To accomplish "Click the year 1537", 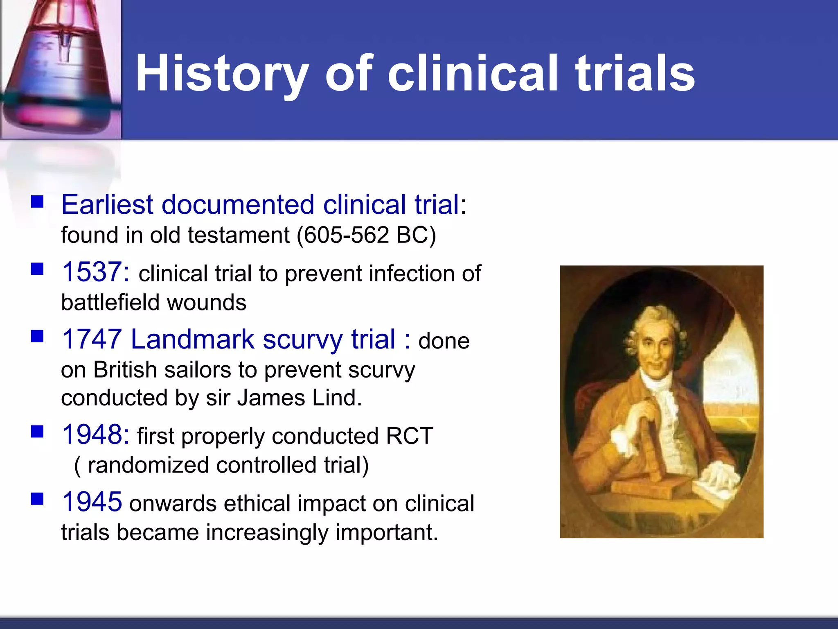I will (96, 272).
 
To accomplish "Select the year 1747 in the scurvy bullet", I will (92, 339).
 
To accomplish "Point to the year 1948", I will (96, 434).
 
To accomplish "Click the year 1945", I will (92, 502).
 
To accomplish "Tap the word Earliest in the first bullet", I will (107, 204).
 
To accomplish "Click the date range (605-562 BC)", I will (366, 235).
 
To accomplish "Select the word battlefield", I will (110, 303).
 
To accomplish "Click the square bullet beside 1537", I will (37, 269).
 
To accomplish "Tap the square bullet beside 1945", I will (37, 499).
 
